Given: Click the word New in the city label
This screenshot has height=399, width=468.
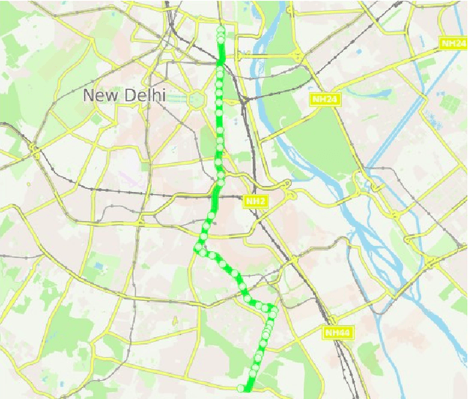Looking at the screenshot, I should (x=99, y=95).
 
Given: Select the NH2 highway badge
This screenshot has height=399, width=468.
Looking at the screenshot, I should (x=254, y=201).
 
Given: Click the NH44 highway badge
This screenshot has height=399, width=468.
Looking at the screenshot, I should (x=338, y=333).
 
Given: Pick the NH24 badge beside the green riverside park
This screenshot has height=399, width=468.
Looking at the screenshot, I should (x=325, y=99).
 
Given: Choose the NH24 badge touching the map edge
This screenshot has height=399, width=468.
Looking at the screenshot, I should (x=453, y=44).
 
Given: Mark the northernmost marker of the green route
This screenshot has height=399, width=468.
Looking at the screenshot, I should (x=221, y=30).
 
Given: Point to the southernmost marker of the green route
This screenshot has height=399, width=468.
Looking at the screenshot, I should (x=241, y=387).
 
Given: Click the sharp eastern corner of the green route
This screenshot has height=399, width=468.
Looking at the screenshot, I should (x=274, y=306).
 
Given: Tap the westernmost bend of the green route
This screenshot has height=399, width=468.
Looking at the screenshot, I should (x=197, y=250).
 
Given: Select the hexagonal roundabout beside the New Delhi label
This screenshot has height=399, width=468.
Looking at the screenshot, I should (x=195, y=99).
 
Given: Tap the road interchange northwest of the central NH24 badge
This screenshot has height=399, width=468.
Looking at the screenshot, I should (x=295, y=55).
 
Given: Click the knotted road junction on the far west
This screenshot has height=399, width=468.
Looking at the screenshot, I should (x=34, y=150).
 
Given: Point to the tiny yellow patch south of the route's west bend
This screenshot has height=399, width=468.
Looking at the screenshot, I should (x=175, y=321).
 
